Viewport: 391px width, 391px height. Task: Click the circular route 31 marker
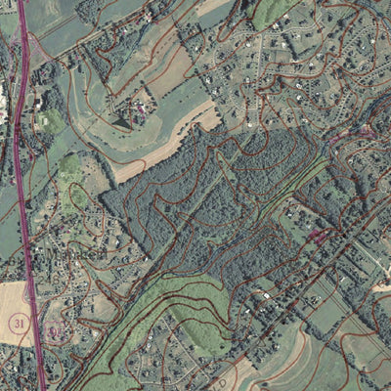18,322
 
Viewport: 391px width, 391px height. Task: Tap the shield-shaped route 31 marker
54,332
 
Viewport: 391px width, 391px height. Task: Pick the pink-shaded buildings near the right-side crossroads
318,236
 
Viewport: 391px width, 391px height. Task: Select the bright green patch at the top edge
274,10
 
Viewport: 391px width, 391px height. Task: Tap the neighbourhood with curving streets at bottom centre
176,357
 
